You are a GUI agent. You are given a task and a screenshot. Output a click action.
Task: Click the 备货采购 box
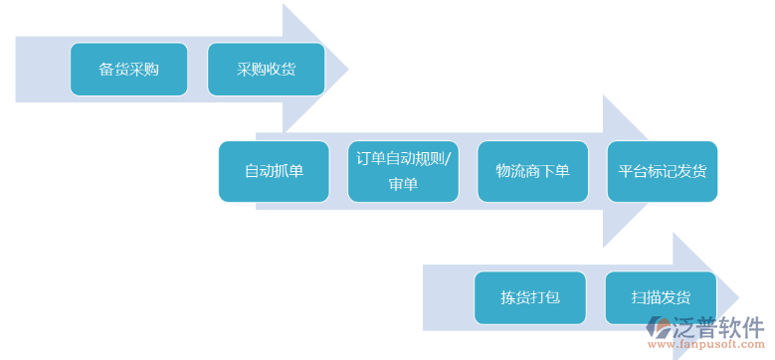point(128,70)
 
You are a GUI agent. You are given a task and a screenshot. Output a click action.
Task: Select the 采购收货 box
point(266,70)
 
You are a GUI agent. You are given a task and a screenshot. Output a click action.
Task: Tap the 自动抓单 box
point(274,171)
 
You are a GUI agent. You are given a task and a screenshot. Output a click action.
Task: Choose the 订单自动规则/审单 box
point(403,171)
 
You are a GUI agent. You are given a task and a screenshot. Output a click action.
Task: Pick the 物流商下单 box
point(532,171)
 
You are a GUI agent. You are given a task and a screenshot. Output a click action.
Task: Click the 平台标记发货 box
point(662,171)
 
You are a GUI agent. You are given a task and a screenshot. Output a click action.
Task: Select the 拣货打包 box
point(530,297)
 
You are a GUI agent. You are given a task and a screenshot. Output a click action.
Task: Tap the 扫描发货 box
point(660,297)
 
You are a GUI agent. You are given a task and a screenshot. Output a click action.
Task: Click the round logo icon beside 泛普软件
point(660,329)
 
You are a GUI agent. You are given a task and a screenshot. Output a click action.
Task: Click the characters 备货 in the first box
point(113,70)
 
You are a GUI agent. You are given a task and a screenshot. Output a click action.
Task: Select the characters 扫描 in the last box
point(645,297)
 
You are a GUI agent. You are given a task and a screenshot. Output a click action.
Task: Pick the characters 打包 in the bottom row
point(545,297)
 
